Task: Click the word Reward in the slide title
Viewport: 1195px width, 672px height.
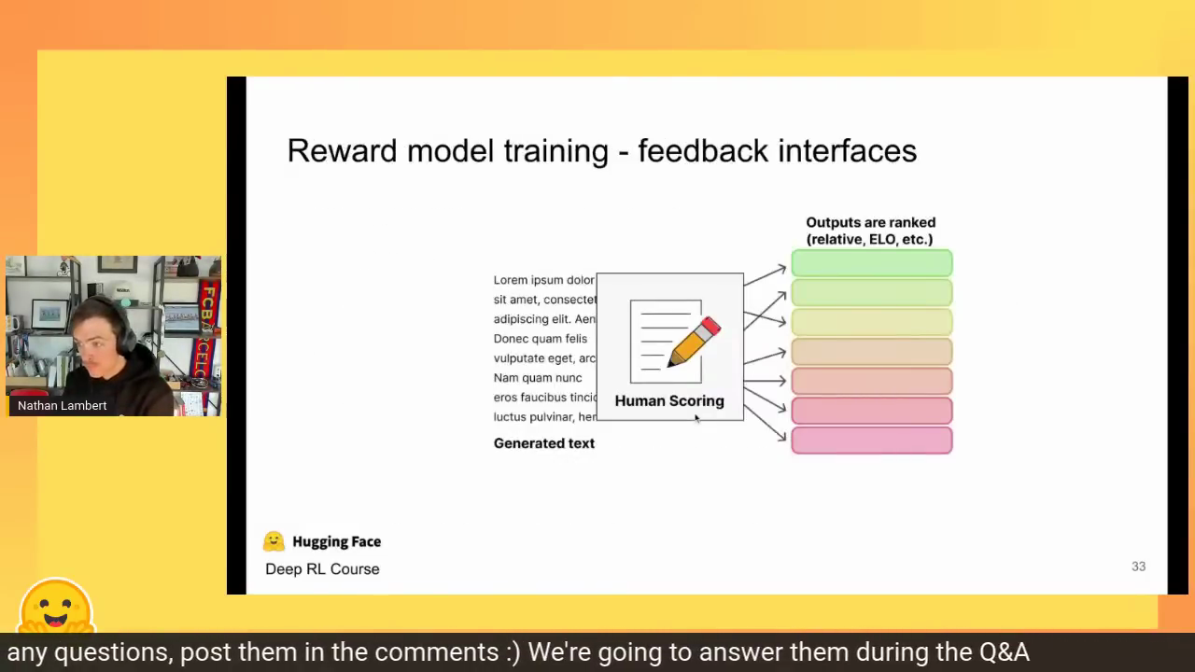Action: (x=342, y=150)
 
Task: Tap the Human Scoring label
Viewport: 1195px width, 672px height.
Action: (x=669, y=401)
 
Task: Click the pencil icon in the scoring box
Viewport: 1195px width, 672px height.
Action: (x=694, y=342)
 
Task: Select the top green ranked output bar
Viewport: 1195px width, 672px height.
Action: (x=872, y=263)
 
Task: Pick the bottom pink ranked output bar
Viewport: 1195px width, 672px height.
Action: (x=872, y=441)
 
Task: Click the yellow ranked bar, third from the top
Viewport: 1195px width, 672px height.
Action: (x=872, y=322)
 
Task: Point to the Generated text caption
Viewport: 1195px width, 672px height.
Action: (x=543, y=443)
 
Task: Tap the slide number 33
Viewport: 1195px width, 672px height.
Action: (x=1138, y=567)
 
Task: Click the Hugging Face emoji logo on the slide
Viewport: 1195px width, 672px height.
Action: (x=274, y=541)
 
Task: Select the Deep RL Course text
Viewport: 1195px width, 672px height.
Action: (x=322, y=569)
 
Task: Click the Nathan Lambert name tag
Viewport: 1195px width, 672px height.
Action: (x=62, y=405)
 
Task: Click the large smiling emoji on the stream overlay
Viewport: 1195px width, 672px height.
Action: (x=57, y=606)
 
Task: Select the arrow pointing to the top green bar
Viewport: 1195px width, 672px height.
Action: (x=765, y=276)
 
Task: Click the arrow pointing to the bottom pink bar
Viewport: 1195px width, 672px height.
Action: (x=765, y=424)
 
